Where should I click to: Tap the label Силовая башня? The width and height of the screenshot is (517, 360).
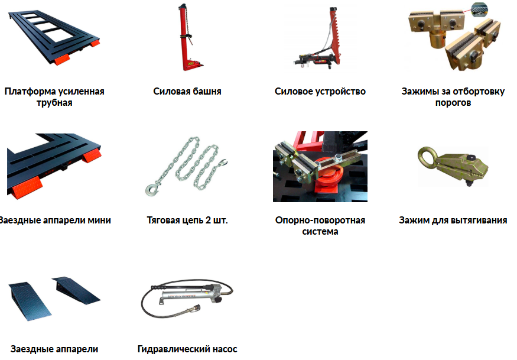(x=187, y=92)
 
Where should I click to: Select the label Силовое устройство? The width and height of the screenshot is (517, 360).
(x=320, y=92)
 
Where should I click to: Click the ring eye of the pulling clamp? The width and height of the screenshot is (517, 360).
(x=427, y=157)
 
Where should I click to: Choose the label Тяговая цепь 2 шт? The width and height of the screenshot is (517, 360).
(x=187, y=220)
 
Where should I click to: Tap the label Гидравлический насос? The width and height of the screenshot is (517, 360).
(x=187, y=349)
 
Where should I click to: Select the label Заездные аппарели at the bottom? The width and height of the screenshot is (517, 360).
(x=54, y=349)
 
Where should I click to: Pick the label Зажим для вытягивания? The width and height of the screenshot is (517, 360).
(x=453, y=220)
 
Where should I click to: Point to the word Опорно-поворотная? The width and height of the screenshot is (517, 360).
(x=320, y=220)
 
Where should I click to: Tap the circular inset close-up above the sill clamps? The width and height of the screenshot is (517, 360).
(x=479, y=9)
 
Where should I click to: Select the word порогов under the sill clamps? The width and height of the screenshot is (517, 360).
(x=453, y=103)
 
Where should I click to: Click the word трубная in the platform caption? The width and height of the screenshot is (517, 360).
(x=54, y=103)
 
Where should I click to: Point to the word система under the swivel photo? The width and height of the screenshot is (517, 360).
(x=320, y=232)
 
